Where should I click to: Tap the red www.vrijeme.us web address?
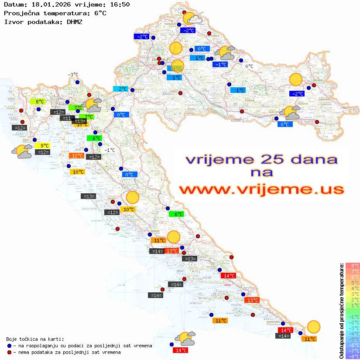(x=261, y=189)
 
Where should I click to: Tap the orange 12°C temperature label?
(x=77, y=155)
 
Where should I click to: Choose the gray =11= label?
(x=67, y=118)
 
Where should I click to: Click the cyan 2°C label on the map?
(x=120, y=89)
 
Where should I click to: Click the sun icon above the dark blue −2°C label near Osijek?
(x=296, y=79)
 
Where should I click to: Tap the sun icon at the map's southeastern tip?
(x=313, y=326)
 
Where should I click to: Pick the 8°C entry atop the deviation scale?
(x=353, y=265)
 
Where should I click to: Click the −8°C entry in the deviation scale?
(x=353, y=356)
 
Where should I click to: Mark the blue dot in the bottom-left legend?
(x=10, y=346)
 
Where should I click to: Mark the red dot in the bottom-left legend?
(x=10, y=352)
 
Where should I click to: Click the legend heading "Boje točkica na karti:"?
(x=35, y=339)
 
